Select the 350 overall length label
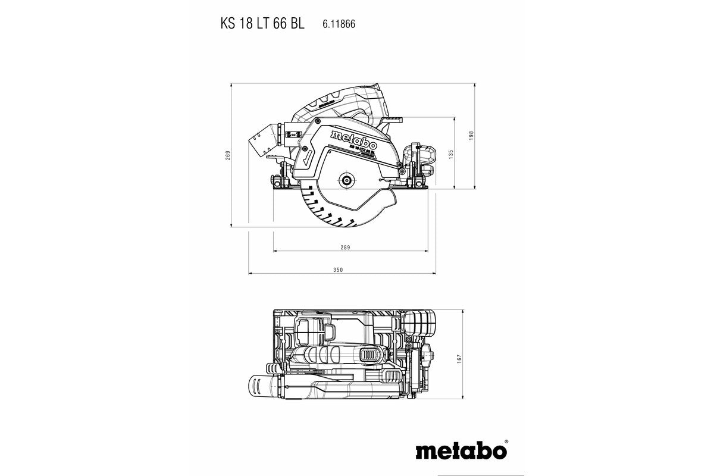[x=338, y=270]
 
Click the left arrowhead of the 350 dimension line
[x=250, y=274]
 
